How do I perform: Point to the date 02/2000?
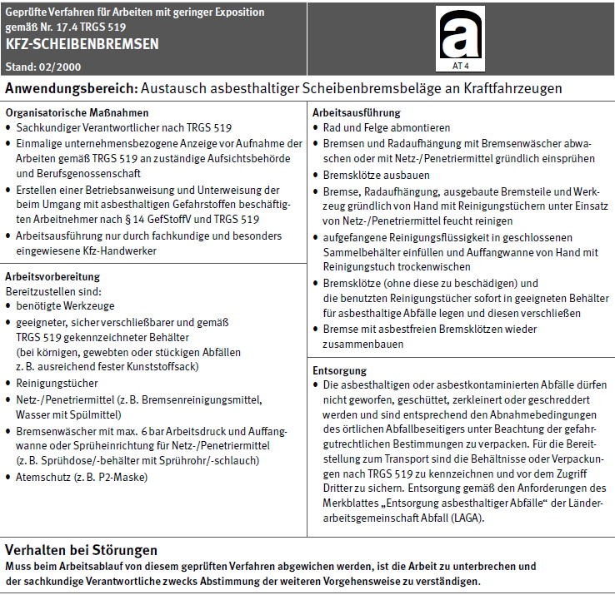coord(55,65)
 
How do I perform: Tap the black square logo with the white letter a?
coord(459,34)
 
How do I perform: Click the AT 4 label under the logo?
coord(459,65)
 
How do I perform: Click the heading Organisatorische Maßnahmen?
coord(77,112)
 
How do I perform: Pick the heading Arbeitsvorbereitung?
coord(52,276)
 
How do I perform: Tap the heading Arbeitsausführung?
coord(356,112)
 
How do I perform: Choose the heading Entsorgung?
coord(339,370)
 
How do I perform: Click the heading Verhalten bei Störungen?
coord(81,550)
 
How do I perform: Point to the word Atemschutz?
coord(47,477)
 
